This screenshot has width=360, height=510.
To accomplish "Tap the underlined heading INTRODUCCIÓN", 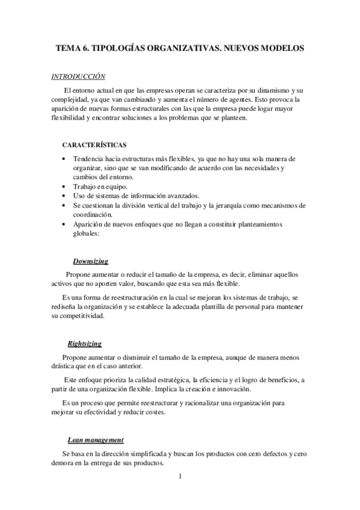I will click(x=78, y=77).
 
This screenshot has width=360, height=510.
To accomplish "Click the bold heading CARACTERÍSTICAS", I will click(x=94, y=145).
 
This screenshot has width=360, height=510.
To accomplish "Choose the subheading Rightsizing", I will click(x=84, y=344).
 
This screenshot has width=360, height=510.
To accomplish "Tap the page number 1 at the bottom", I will click(x=180, y=477).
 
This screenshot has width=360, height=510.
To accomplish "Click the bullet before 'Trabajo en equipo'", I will click(x=64, y=186).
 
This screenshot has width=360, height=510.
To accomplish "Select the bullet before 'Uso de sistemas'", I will click(x=64, y=195).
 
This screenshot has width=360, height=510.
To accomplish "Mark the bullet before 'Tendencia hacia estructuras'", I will click(x=64, y=158).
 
